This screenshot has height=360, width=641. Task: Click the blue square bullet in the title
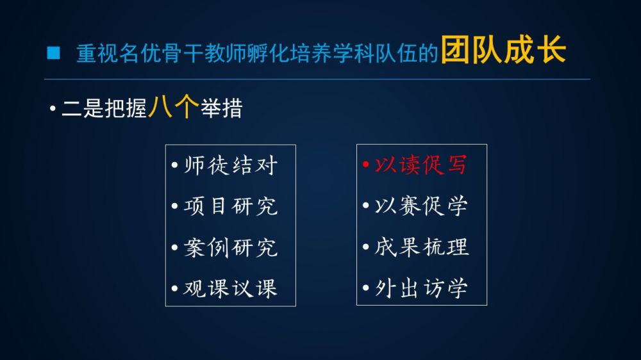[x=54, y=53]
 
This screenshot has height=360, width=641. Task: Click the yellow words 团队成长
[x=503, y=50]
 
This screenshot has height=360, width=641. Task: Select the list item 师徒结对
[x=231, y=165]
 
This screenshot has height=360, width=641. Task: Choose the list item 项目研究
[x=231, y=206]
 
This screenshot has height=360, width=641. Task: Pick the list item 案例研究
[x=231, y=247]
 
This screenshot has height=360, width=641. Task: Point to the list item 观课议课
[x=231, y=288]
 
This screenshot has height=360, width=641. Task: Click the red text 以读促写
[x=421, y=165]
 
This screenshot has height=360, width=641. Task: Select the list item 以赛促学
[x=421, y=206]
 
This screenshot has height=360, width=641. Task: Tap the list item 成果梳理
[x=422, y=247]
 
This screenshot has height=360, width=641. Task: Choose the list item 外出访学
[x=421, y=288]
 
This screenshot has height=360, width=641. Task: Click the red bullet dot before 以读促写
[x=366, y=165]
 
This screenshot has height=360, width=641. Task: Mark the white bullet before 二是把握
[x=53, y=109]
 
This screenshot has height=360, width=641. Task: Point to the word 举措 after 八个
[x=221, y=108]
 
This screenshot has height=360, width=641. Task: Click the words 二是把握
[x=104, y=108]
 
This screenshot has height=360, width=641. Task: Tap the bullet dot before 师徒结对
[x=175, y=165]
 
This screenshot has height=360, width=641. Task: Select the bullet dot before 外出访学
[x=366, y=288]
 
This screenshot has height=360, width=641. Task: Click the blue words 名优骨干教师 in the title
[x=183, y=54]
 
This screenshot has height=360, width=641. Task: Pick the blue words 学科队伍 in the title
[x=375, y=54]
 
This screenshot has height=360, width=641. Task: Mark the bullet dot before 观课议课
[x=175, y=288]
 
